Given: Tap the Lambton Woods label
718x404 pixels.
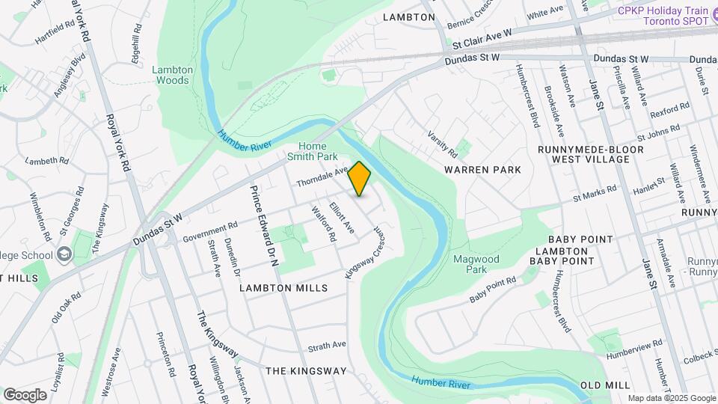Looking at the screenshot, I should tap(173, 75).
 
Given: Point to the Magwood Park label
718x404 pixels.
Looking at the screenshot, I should tap(476, 263).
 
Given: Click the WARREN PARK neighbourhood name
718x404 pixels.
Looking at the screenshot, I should tap(493, 170).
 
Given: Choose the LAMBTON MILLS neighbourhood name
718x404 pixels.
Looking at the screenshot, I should tap(283, 288).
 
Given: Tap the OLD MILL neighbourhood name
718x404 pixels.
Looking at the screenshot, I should tap(605, 385).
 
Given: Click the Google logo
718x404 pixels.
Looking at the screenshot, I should tap(25, 394).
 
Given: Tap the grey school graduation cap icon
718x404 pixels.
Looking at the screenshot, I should tap(64, 254).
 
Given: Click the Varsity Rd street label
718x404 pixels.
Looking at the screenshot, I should tap(442, 144).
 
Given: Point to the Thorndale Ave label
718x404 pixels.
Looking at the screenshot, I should tap(322, 177).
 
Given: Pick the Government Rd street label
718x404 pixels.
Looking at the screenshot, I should tap(210, 233).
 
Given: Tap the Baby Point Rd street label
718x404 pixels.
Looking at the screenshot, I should tap(493, 290).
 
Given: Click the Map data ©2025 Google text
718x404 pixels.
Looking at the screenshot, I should tap(671, 398).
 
